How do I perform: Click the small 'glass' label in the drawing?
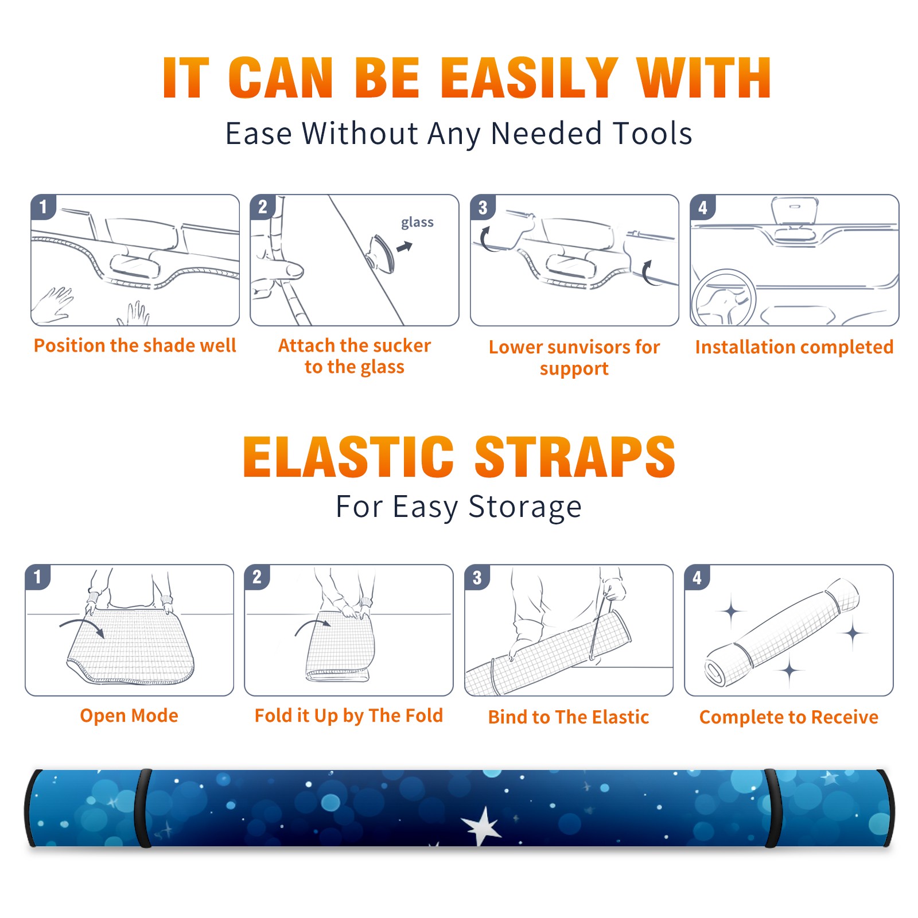tap(417, 222)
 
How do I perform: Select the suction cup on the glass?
tap(381, 253)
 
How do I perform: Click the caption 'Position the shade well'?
tap(135, 345)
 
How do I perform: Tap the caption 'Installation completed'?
tap(794, 347)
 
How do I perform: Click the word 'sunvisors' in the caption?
tap(589, 347)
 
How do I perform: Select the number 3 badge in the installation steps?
tap(483, 207)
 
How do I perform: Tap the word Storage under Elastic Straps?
tap(525, 507)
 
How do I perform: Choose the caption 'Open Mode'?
tap(129, 715)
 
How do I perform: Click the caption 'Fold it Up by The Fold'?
tap(349, 715)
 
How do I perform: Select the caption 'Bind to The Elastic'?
tap(569, 717)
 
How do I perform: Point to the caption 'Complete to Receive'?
tap(789, 717)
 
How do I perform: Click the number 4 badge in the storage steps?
tap(697, 577)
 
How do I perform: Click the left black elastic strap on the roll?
tap(144, 808)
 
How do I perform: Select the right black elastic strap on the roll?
tap(772, 808)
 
